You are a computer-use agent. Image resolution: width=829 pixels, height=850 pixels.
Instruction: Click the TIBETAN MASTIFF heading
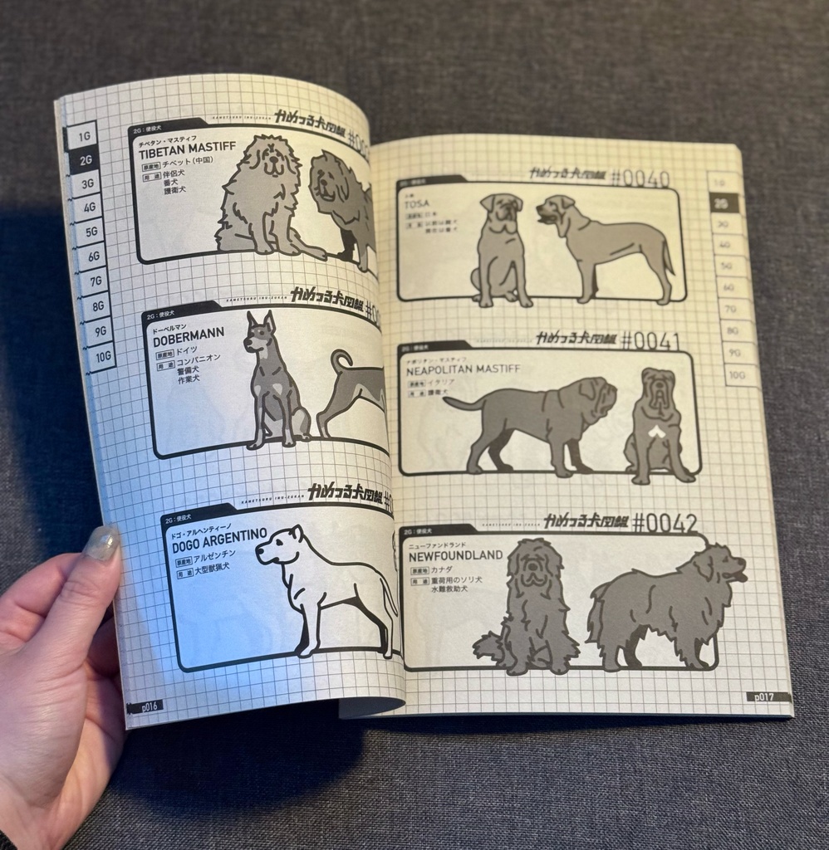coord(187,151)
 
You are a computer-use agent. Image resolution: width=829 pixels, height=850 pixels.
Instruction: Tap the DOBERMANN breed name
coord(189,335)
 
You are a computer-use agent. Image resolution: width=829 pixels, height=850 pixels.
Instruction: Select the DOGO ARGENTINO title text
coord(219,534)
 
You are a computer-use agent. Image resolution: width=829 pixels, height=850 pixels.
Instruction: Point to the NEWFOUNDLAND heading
coord(456,556)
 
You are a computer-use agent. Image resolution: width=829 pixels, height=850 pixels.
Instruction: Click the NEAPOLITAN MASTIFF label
coord(464,373)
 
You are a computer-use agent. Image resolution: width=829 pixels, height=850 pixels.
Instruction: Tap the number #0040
coord(640,178)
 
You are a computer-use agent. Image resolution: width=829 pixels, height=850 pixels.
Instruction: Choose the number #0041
coord(650,340)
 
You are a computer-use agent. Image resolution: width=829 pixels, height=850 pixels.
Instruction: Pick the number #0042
coord(665,523)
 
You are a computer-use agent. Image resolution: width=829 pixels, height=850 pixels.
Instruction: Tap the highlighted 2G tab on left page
coord(86,160)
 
